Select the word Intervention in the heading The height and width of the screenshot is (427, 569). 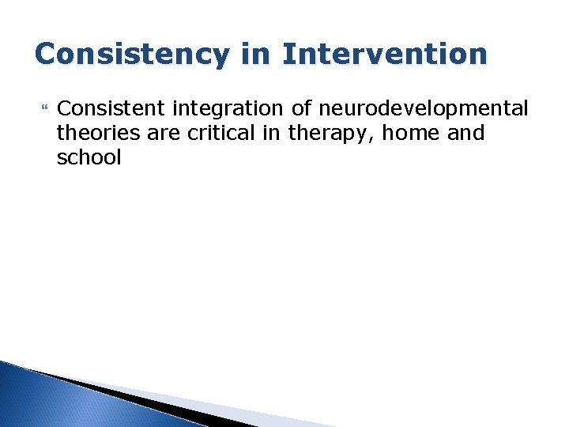pyautogui.click(x=385, y=54)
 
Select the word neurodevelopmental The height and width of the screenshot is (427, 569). pyautogui.click(x=424, y=108)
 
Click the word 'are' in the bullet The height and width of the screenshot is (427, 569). pyautogui.click(x=163, y=133)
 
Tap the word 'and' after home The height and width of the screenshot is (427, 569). pyautogui.click(x=466, y=133)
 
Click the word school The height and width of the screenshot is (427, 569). pyautogui.click(x=89, y=157)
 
